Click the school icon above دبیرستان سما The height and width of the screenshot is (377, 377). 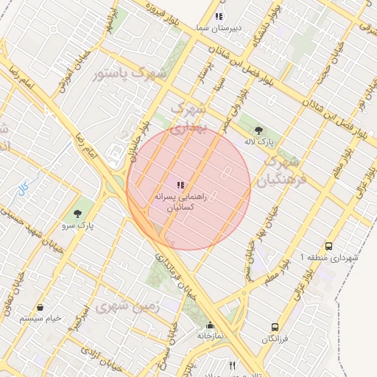coord(219,16)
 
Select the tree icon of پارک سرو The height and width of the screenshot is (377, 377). coord(79,214)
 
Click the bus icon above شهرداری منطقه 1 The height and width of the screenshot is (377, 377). coord(328,247)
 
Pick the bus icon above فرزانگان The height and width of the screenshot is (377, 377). coord(275,326)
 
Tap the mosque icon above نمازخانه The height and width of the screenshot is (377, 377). coord(210,325)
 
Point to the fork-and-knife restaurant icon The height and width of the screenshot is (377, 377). coord(233,365)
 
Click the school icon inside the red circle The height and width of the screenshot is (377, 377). coord(180,184)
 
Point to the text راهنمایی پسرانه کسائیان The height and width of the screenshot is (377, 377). coord(176,203)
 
